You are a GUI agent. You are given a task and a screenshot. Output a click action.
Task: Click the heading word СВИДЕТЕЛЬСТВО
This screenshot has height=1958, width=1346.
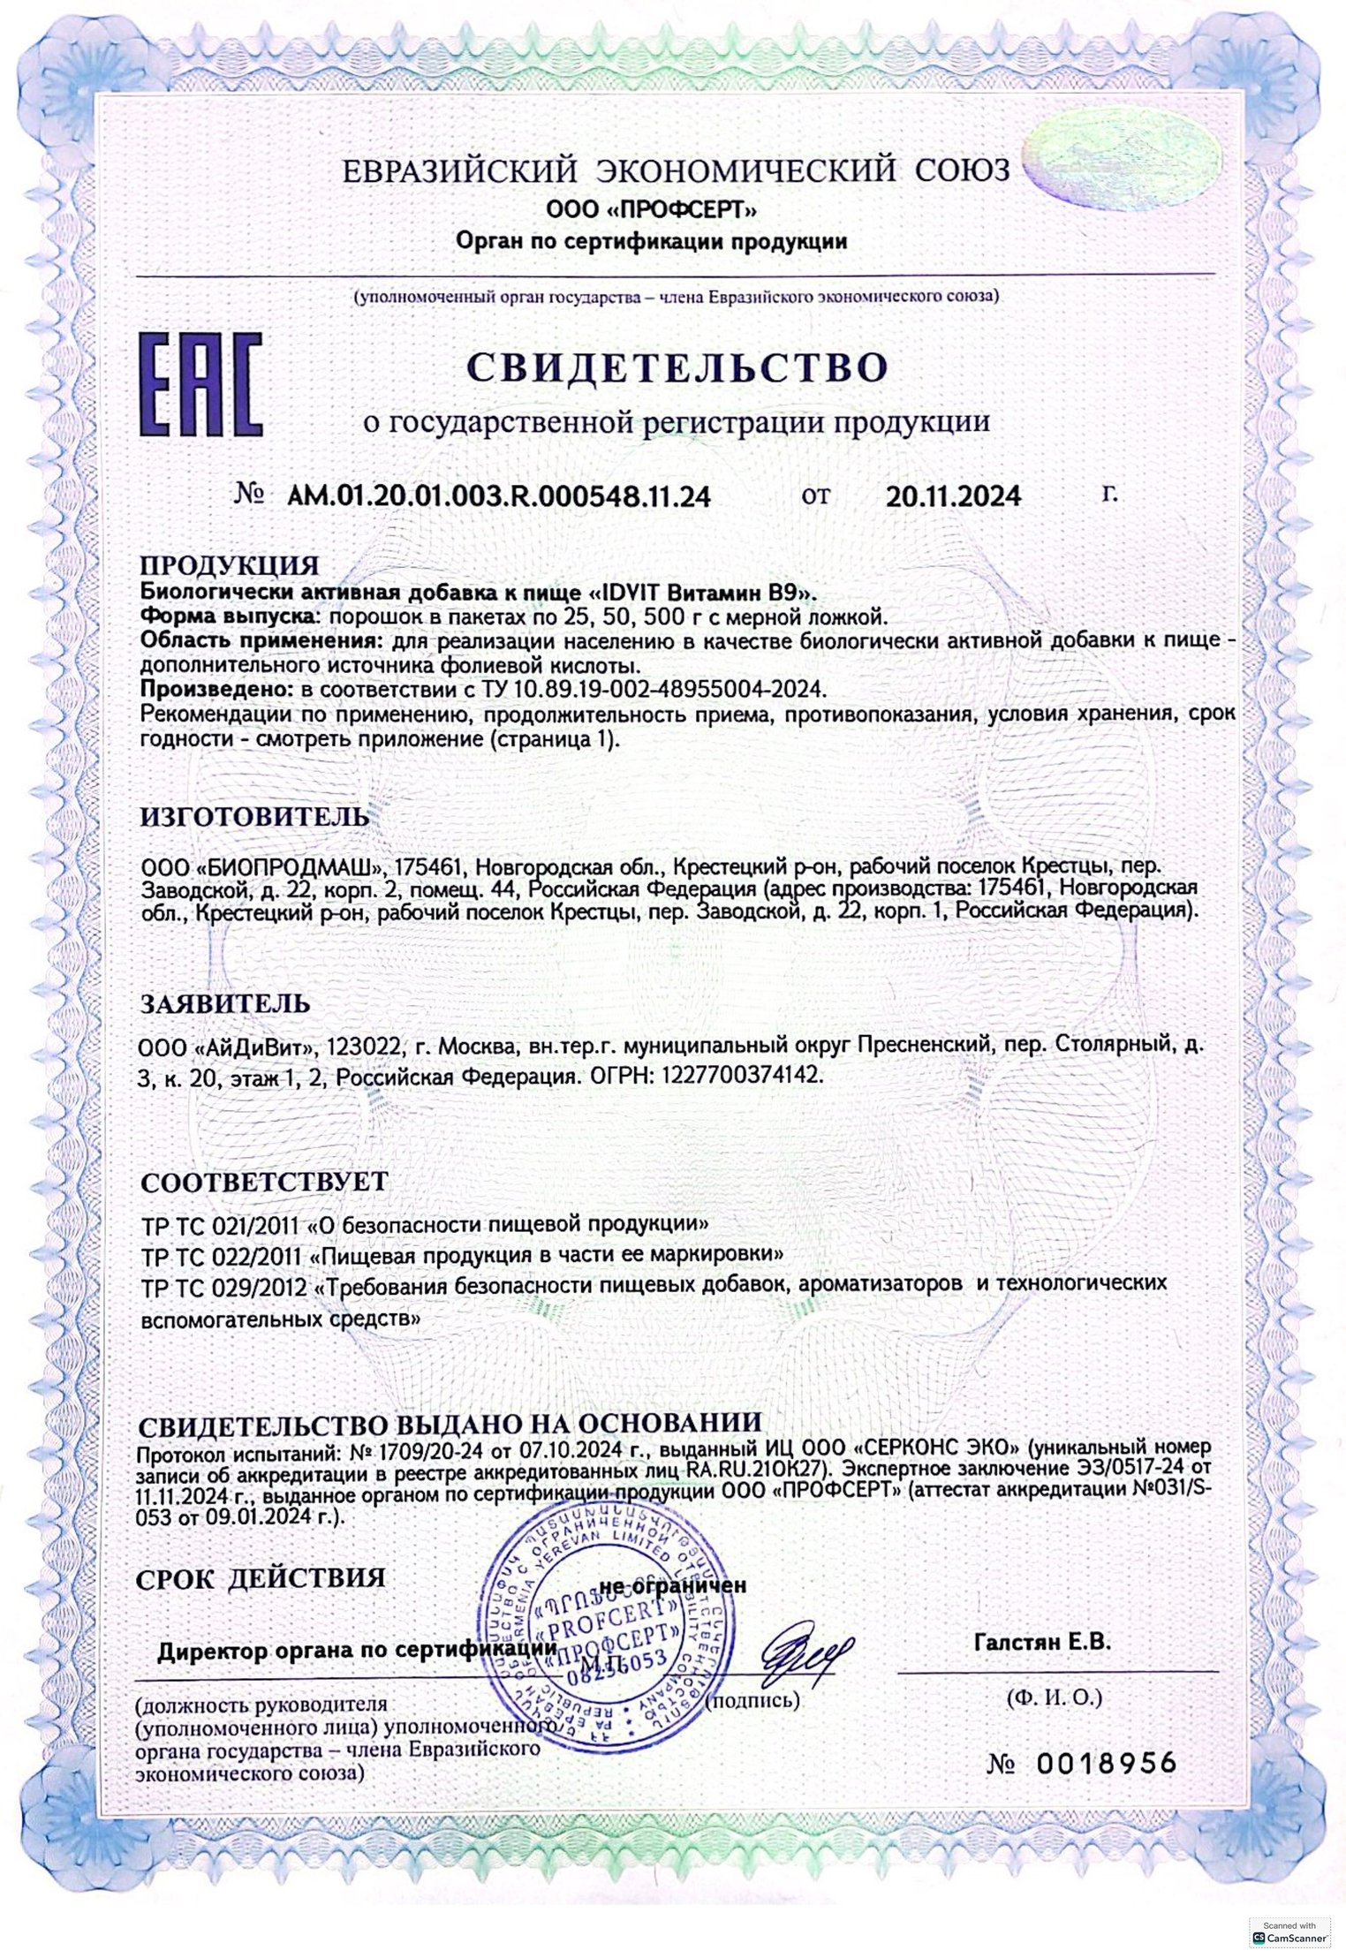(676, 367)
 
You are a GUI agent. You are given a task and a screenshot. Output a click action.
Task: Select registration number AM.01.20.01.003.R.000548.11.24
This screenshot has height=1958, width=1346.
(498, 495)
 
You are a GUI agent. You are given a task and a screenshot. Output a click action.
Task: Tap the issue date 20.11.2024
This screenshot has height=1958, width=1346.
(954, 495)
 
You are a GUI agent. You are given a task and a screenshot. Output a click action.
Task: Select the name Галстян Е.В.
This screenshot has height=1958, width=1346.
(1042, 1643)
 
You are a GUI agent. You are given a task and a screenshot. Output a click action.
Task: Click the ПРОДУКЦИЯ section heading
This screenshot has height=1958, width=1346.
(230, 565)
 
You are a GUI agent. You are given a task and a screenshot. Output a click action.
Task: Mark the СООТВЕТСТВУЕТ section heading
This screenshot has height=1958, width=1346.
(263, 1182)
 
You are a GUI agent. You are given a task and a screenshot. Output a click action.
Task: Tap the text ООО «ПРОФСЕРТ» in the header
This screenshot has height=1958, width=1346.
(652, 211)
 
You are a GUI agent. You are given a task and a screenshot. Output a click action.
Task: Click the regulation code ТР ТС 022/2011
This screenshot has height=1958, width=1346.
(223, 1254)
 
